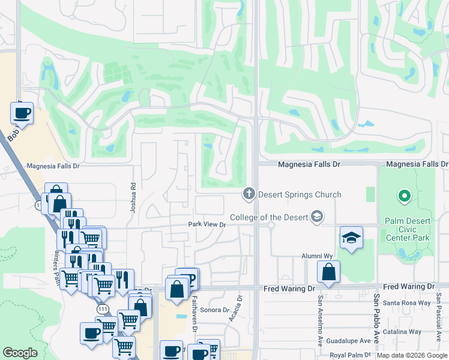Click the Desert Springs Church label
(300, 194)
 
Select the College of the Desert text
(268, 217)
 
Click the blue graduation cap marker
(351, 238)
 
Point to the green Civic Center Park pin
(405, 196)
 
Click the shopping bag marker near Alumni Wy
(328, 272)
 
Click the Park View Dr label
(206, 224)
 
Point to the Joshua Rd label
(133, 199)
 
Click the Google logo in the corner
(20, 353)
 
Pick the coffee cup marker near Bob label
(22, 112)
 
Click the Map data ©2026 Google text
(412, 355)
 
